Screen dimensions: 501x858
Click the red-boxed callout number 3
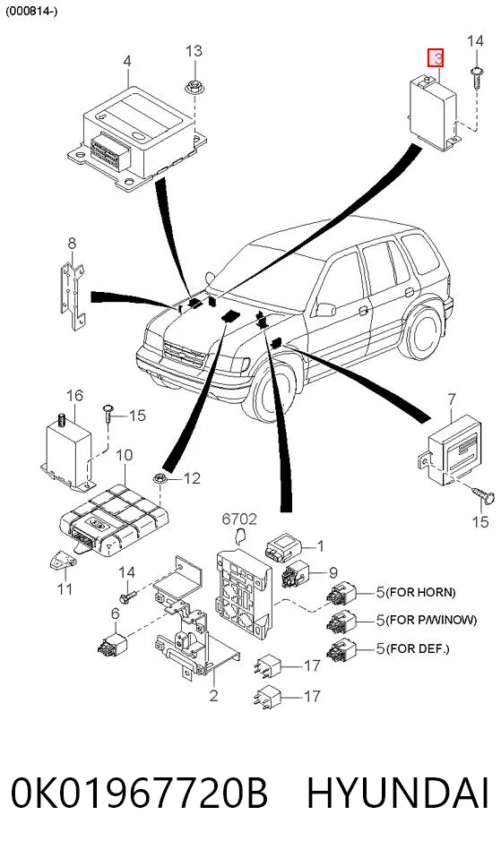436,58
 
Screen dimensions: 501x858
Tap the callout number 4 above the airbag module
127,61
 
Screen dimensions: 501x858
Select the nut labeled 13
193,87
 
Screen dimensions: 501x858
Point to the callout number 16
74,395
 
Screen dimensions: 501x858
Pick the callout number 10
125,455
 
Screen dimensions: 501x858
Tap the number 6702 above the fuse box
239,519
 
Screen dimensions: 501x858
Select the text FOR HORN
420,592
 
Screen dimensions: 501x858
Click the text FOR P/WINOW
431,620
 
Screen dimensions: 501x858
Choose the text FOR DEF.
418,649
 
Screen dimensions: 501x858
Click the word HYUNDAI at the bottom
397,793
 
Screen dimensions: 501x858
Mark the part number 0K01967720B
140,793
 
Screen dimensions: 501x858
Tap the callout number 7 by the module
451,400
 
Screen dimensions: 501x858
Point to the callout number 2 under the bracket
213,696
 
